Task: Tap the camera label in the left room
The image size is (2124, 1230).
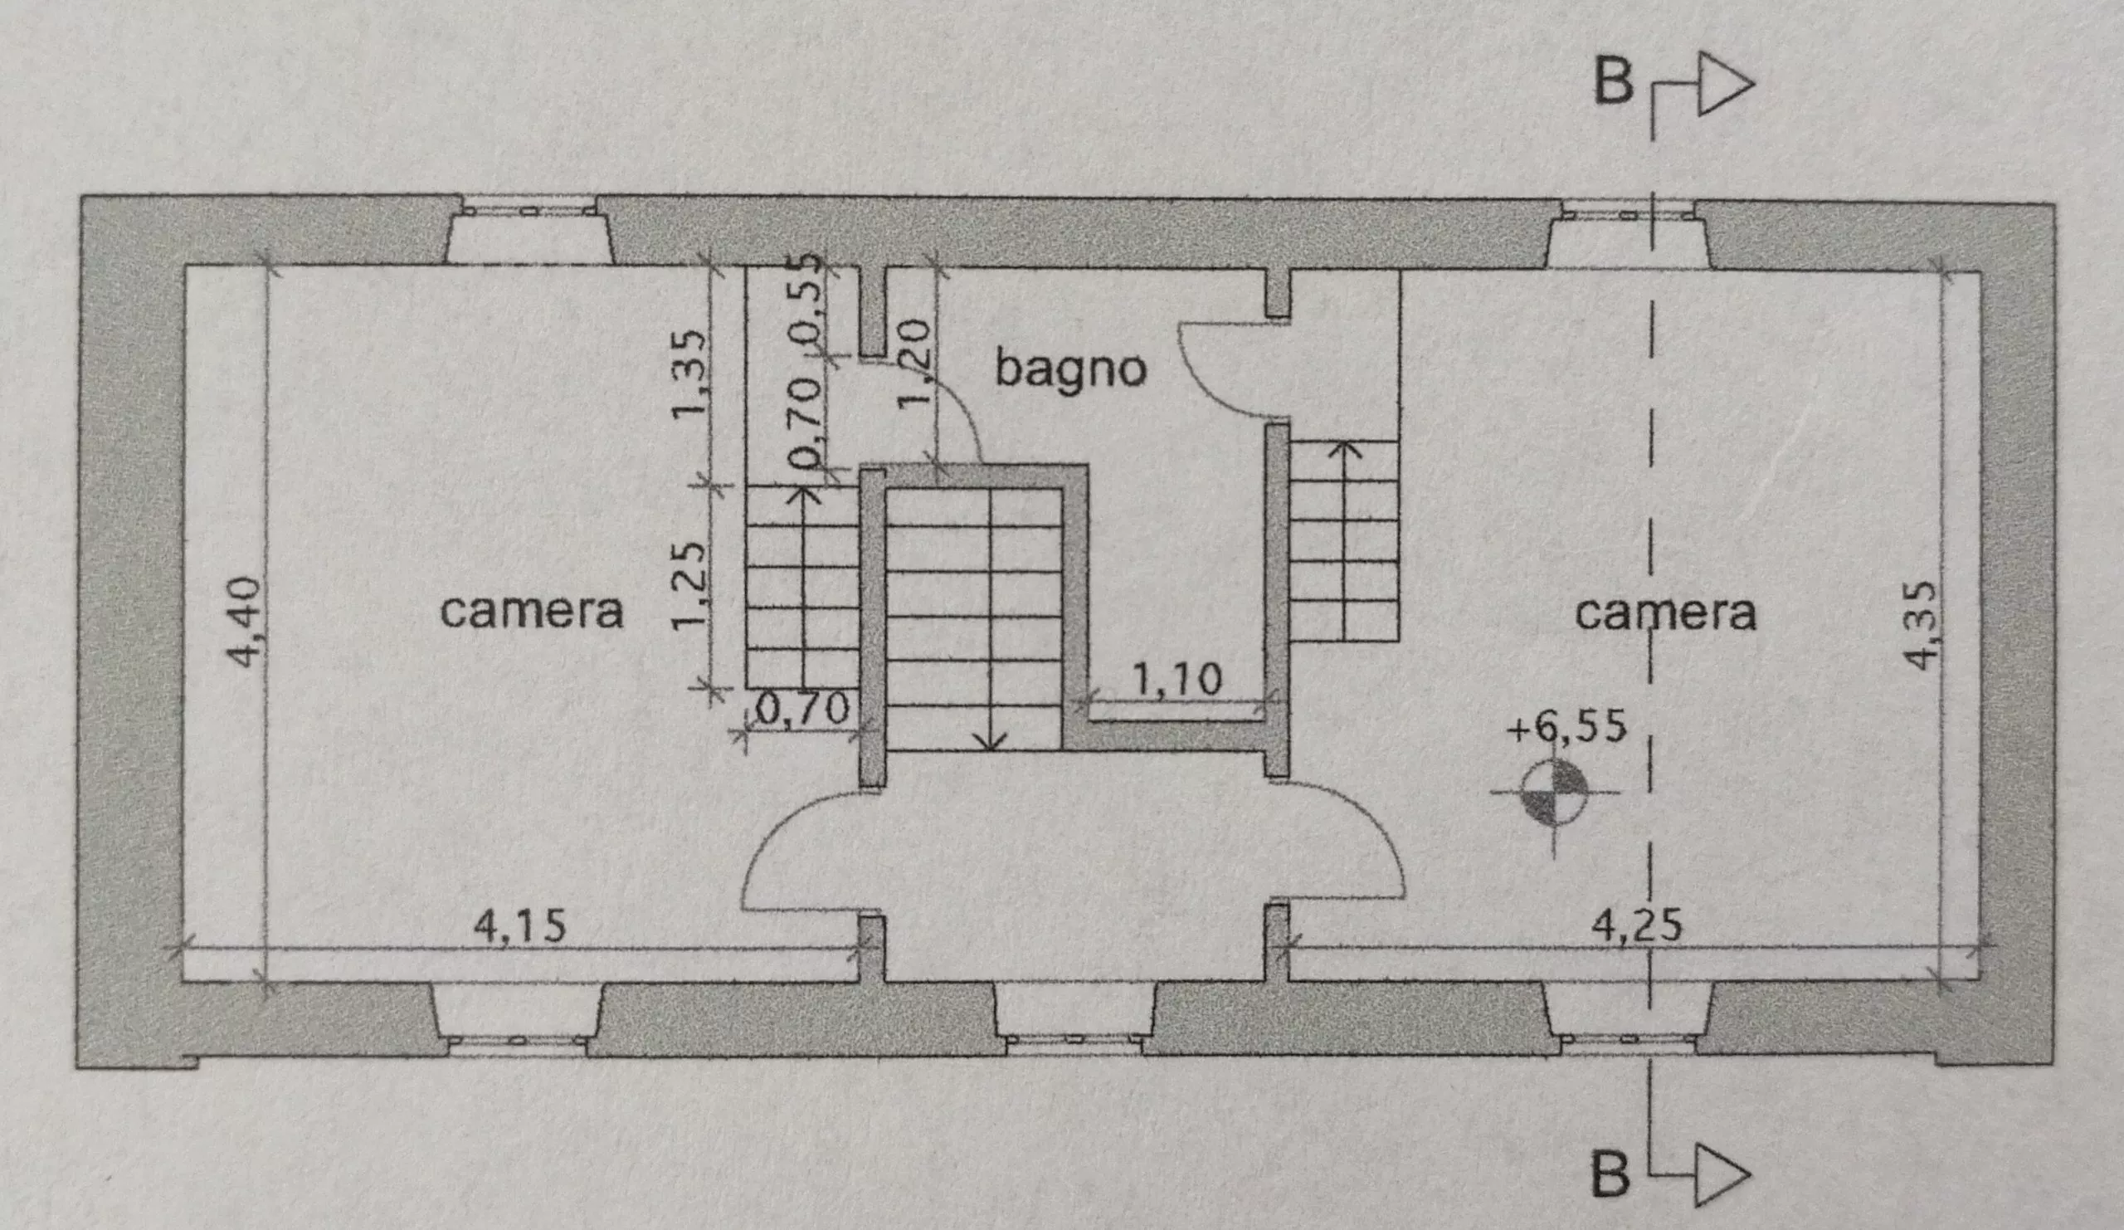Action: pyautogui.click(x=531, y=611)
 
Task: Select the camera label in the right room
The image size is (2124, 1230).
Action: pyautogui.click(x=1666, y=613)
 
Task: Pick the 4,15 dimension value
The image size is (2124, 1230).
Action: pyautogui.click(x=520, y=927)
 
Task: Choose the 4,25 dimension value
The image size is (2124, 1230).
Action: pyautogui.click(x=1637, y=925)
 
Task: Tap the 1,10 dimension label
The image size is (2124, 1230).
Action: pyautogui.click(x=1176, y=680)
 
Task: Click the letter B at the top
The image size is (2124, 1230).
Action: pyautogui.click(x=1613, y=83)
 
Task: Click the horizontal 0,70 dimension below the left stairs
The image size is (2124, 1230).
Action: pyautogui.click(x=802, y=710)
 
